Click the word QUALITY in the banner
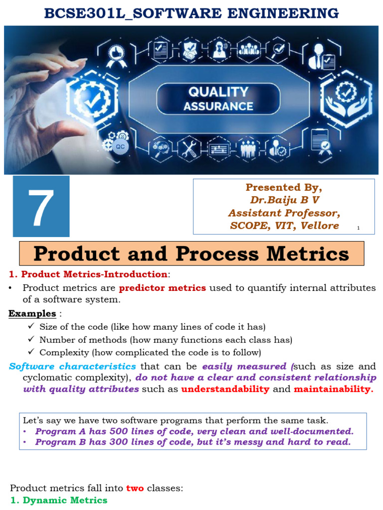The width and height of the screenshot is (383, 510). [x=218, y=92]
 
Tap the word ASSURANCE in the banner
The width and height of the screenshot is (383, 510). [x=218, y=106]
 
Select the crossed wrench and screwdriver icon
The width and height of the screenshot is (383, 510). [x=189, y=148]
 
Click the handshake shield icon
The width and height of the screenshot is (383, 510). [x=190, y=51]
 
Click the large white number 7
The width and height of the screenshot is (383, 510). [x=37, y=206]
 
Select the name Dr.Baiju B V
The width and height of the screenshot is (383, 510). [x=284, y=200]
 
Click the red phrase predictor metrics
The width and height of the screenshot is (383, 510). [x=163, y=288]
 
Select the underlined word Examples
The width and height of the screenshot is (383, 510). [x=32, y=314]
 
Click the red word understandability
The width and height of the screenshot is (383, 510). [x=225, y=389]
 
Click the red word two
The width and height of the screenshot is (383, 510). [x=135, y=488]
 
